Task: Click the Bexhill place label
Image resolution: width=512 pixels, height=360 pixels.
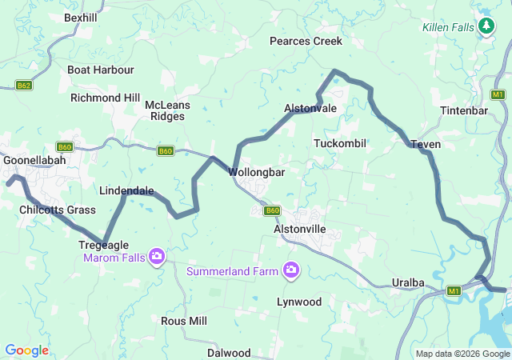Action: (x=80, y=17)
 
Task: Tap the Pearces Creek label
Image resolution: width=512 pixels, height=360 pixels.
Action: (x=306, y=41)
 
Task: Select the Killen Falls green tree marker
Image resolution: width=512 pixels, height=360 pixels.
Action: (x=486, y=26)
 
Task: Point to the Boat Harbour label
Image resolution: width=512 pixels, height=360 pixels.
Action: (x=101, y=70)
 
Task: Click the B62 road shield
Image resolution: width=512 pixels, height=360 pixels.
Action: (x=23, y=85)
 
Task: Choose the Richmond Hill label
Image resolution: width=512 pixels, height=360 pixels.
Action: (x=105, y=98)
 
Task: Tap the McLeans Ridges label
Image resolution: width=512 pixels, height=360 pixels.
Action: (x=165, y=110)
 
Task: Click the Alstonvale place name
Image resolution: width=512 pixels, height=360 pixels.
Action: (x=310, y=108)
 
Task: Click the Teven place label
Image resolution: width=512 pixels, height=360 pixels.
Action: (x=426, y=144)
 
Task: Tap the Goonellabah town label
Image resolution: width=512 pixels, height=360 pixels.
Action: (x=34, y=160)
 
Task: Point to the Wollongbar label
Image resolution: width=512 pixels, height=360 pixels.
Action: (x=257, y=172)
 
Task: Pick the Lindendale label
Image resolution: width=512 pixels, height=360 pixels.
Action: (x=126, y=191)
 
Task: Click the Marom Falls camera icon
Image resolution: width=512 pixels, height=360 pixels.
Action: (x=158, y=257)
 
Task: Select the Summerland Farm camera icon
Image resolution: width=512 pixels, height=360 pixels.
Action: (x=291, y=270)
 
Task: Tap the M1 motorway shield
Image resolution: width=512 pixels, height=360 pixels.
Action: (x=454, y=290)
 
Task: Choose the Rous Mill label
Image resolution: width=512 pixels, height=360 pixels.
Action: (x=184, y=321)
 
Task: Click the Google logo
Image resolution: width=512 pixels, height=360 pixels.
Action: (x=26, y=350)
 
